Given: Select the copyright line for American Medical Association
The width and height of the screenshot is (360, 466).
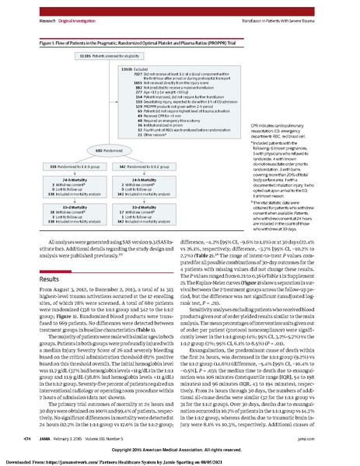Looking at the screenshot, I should click(x=180, y=450).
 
